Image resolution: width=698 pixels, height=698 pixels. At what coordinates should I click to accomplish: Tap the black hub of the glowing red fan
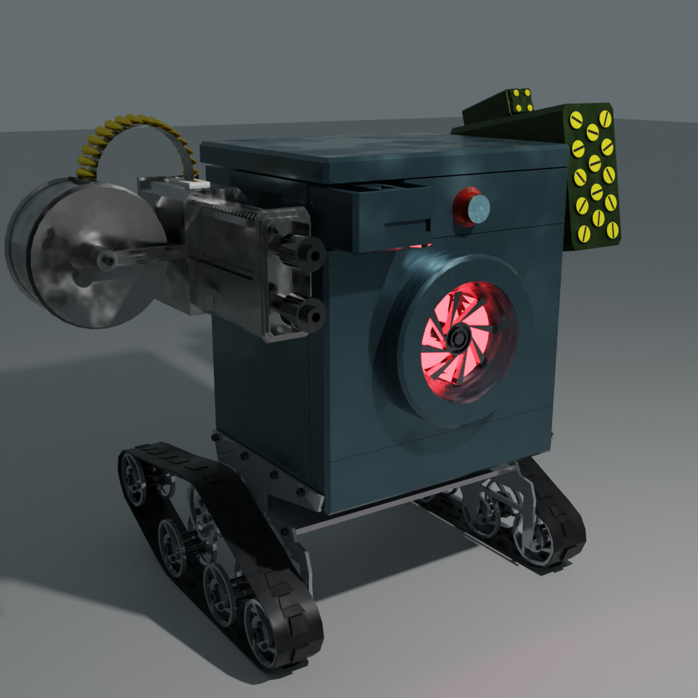pyautogui.click(x=460, y=337)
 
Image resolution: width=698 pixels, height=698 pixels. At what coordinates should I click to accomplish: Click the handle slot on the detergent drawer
pyautogui.click(x=407, y=226)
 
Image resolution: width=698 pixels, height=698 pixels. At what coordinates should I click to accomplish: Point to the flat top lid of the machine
pyautogui.click(x=381, y=155)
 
